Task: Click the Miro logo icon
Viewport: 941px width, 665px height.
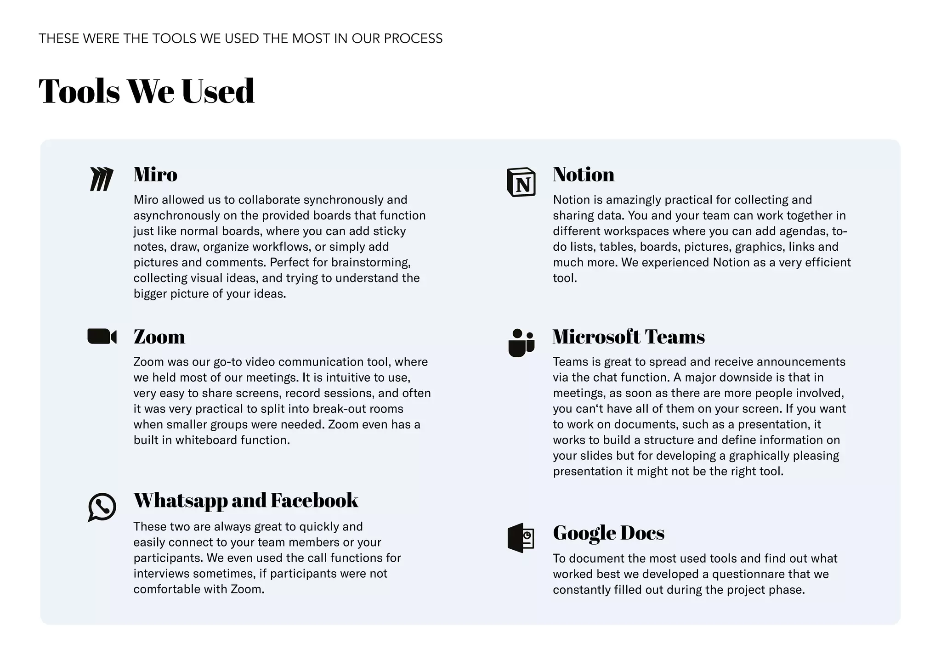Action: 102,179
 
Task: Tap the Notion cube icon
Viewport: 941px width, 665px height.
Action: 521,182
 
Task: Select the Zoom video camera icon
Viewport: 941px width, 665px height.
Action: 102,336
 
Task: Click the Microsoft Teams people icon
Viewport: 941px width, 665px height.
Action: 521,343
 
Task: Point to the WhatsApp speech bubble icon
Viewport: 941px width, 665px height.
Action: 102,507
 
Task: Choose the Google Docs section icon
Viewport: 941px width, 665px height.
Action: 521,537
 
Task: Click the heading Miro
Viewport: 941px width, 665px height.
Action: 155,175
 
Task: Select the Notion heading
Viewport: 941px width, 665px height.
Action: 583,175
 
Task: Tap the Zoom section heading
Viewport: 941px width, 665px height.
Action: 159,337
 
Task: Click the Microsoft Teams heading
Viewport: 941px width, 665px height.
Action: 628,337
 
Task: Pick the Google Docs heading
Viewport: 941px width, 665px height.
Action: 608,533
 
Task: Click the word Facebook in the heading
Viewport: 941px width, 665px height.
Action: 314,500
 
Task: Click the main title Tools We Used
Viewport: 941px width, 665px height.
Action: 146,91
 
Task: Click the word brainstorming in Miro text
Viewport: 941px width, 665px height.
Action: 370,262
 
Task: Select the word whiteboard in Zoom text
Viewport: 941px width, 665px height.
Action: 206,440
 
